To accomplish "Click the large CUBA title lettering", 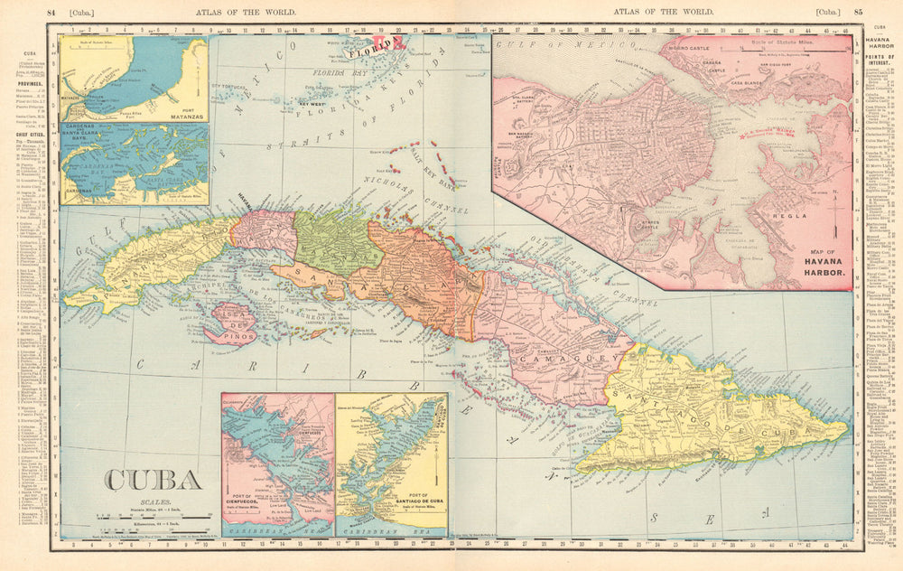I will point(153,480).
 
